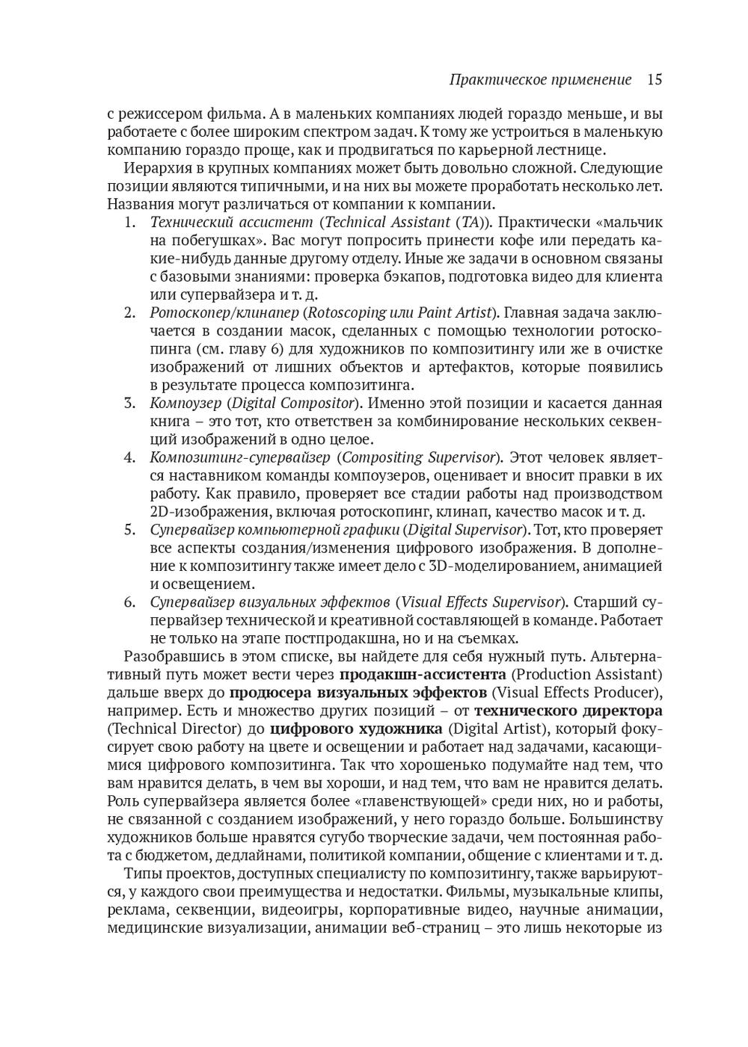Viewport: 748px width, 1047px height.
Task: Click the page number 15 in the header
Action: click(x=654, y=79)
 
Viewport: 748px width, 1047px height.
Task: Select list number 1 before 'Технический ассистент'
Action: click(x=129, y=223)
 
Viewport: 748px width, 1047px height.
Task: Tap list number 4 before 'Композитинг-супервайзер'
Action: click(x=129, y=457)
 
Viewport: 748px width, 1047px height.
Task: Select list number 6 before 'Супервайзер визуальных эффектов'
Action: click(x=129, y=602)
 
